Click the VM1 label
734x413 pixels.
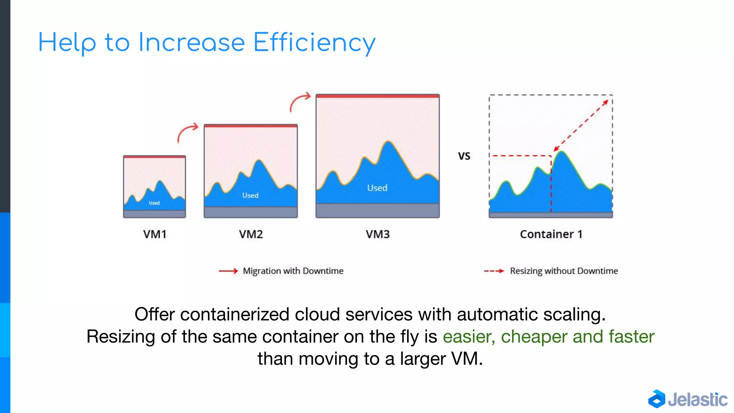[155, 234]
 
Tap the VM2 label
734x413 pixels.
[251, 234]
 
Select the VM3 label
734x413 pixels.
[377, 234]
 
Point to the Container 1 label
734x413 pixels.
[551, 234]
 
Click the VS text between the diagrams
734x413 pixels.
[464, 156]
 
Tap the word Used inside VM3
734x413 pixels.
[377, 188]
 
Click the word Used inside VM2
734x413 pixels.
[250, 195]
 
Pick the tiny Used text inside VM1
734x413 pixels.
[154, 203]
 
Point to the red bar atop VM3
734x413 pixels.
[377, 96]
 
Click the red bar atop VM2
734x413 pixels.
[251, 126]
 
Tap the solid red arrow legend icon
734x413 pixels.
[228, 271]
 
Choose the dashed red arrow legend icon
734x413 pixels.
[494, 271]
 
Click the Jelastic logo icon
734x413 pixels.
[657, 399]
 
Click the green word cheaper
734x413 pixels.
[534, 337]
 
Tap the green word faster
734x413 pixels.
[631, 337]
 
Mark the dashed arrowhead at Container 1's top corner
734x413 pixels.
[606, 103]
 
